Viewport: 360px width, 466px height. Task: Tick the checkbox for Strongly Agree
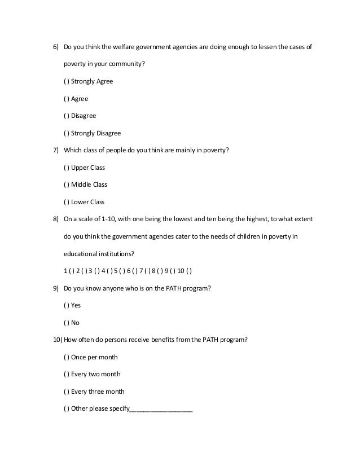point(67,81)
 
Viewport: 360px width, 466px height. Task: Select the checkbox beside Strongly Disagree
point(67,134)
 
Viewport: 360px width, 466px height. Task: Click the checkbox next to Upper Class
point(67,168)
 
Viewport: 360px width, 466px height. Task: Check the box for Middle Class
point(67,184)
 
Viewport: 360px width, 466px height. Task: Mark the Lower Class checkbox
point(67,202)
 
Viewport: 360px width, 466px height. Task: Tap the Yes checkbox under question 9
point(67,305)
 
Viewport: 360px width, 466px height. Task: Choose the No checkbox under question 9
point(67,323)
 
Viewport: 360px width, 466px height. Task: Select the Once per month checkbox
point(67,357)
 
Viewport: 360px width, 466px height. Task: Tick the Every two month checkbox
point(67,374)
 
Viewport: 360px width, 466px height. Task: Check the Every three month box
point(67,392)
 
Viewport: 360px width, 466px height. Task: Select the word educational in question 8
point(82,253)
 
